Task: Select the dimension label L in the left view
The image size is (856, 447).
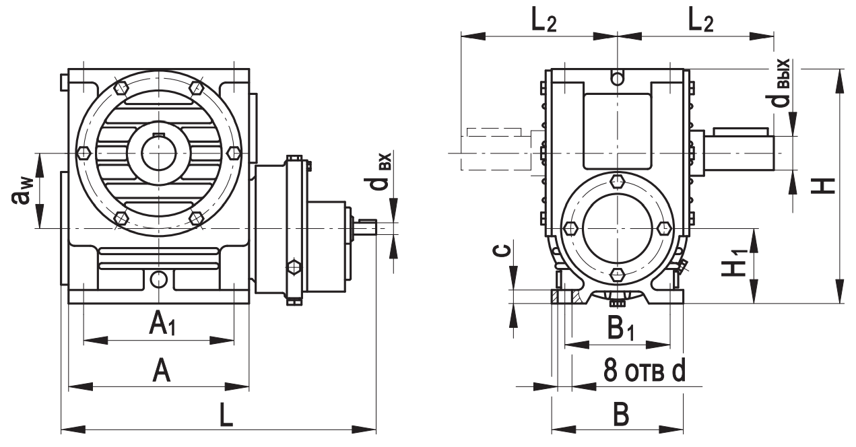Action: (x=227, y=415)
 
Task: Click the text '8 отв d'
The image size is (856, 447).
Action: (x=643, y=372)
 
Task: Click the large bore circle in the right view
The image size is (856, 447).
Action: (x=618, y=228)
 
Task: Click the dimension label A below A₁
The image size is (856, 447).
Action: (x=160, y=370)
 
